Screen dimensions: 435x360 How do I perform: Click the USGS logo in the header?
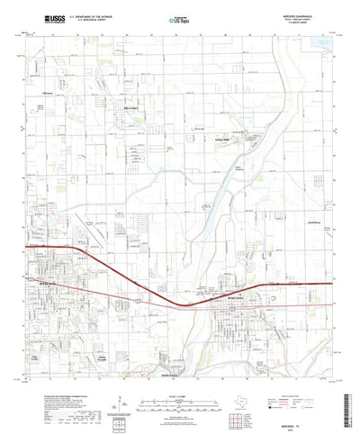pos(42,16)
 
